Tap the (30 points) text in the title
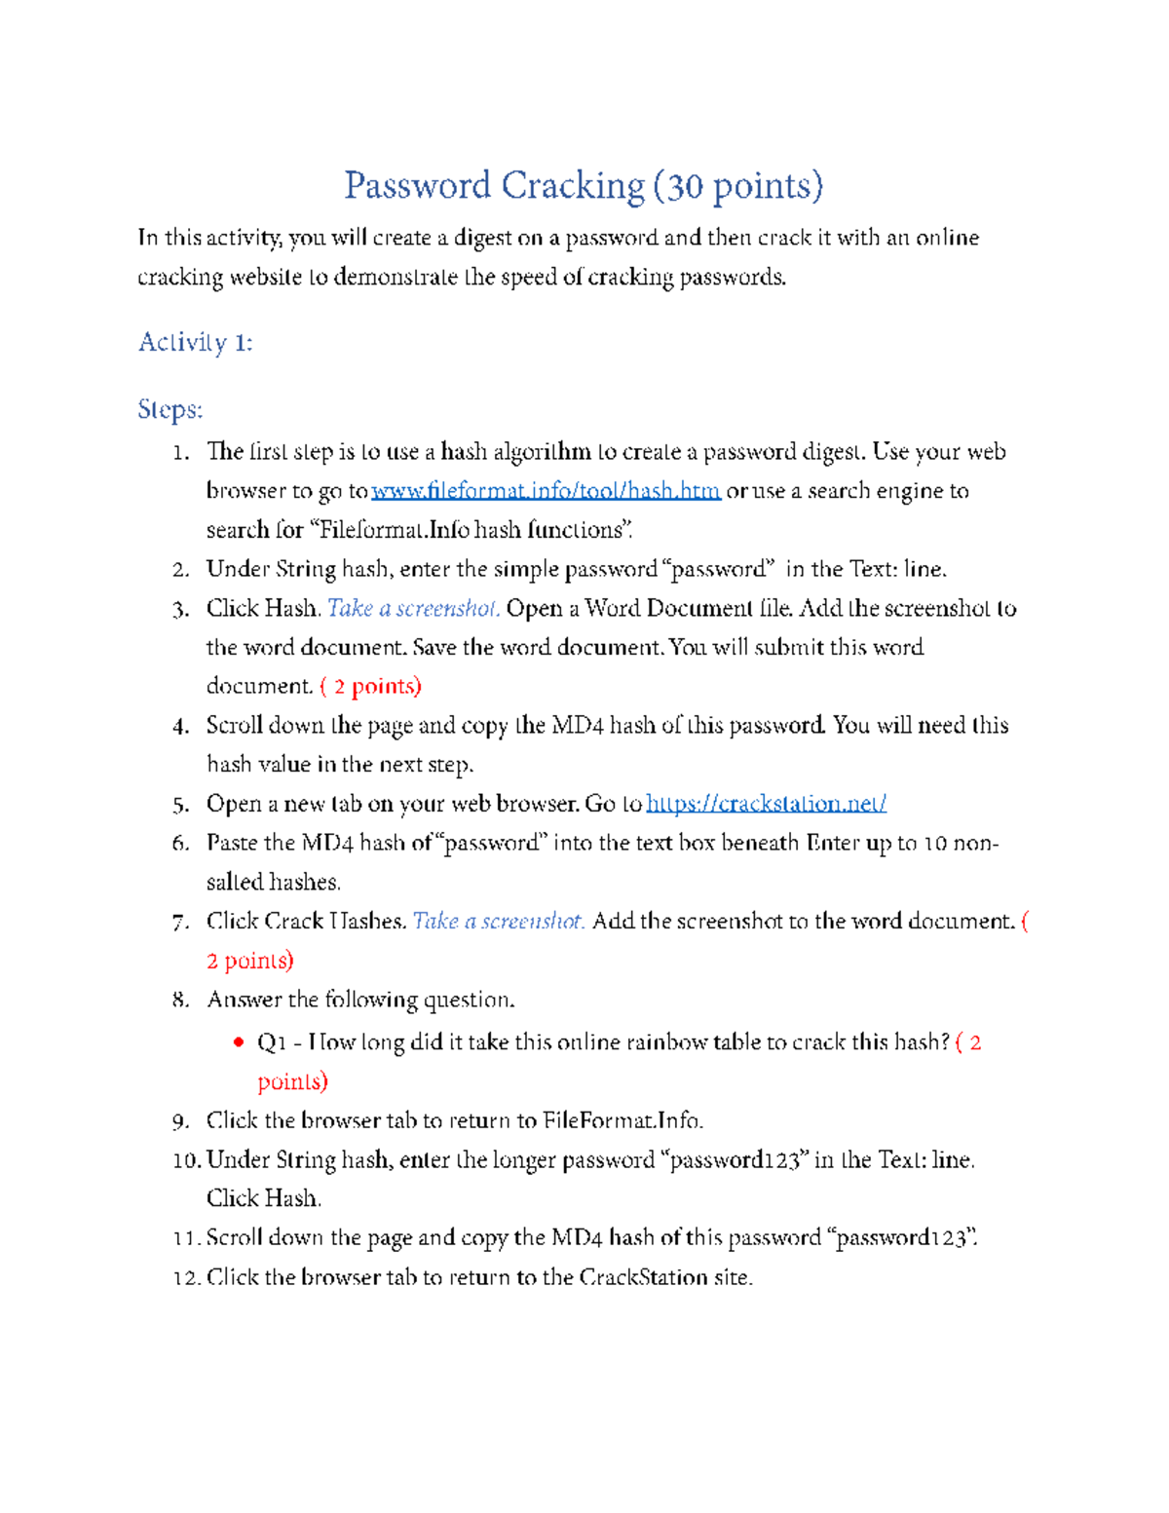pos(738,185)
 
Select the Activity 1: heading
pos(195,342)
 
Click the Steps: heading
pos(170,409)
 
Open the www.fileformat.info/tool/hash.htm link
pos(546,491)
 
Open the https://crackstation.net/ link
pos(766,804)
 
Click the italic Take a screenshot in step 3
pos(413,609)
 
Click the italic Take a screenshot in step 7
pos(499,922)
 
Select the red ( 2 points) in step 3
pos(370,687)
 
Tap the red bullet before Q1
pos(238,1042)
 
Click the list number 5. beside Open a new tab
pos(180,805)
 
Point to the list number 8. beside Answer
pos(180,1001)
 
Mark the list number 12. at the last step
pos(186,1278)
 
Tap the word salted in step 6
pos(235,883)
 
